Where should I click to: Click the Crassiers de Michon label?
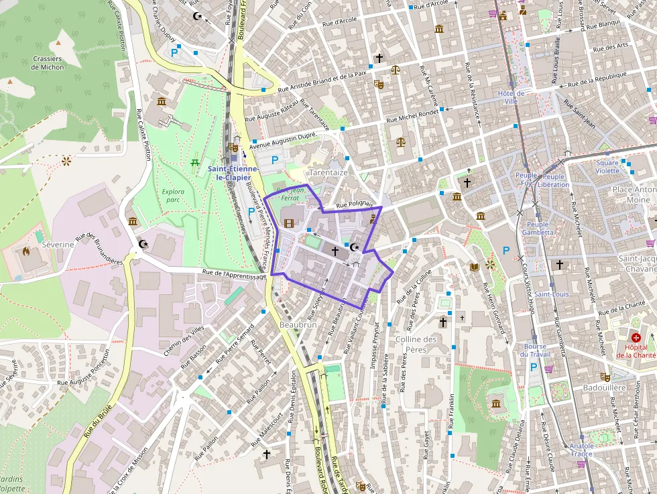tap(47, 63)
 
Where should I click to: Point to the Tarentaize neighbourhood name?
tap(328, 172)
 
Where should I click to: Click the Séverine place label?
tap(58, 245)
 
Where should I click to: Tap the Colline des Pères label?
tap(416, 344)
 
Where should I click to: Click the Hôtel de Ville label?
tap(512, 97)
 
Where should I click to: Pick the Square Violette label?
tap(607, 167)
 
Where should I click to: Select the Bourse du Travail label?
tap(536, 351)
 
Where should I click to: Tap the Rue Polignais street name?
tap(354, 204)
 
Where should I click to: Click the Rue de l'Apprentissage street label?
tap(234, 274)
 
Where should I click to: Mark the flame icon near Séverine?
tap(26, 253)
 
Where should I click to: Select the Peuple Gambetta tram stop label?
tap(538, 229)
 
